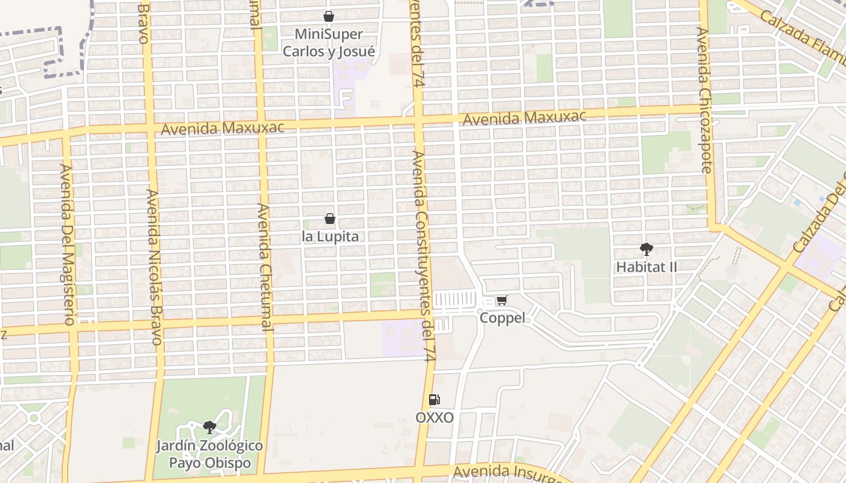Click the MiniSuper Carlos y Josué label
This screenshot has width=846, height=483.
[x=329, y=43]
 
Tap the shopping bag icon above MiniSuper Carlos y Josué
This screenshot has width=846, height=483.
[x=329, y=16]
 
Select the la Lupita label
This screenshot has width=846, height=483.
[x=330, y=236]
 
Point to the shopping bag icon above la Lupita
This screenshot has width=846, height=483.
[x=330, y=219]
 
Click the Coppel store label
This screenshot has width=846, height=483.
[x=502, y=318]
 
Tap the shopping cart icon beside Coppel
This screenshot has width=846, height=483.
[x=502, y=300]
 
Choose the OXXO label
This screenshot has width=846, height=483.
[x=434, y=417]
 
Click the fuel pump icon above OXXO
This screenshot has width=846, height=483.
[x=434, y=399]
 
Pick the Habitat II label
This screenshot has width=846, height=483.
[x=647, y=266]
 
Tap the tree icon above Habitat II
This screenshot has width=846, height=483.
[x=646, y=249]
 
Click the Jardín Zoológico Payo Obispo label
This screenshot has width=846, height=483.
[x=210, y=454]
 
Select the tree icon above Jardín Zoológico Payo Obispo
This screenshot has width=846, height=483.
[x=210, y=427]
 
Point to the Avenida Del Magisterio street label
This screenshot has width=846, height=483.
[x=67, y=244]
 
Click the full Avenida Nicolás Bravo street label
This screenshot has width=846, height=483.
[x=154, y=267]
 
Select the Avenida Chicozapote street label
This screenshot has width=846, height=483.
[x=705, y=100]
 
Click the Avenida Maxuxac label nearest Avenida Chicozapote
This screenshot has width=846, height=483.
[x=524, y=118]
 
